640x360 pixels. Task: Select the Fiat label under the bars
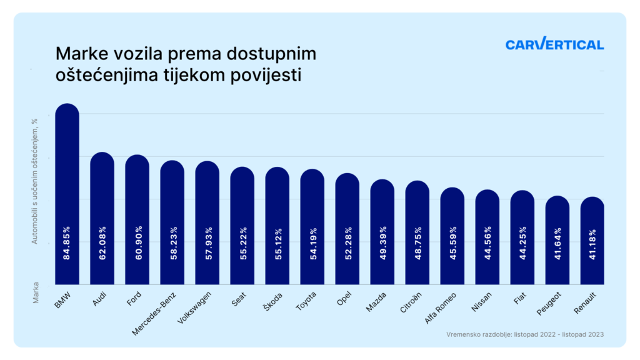tap(519, 299)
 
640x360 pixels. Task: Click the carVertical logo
tap(554, 44)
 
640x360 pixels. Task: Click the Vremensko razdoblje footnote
tap(525, 334)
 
